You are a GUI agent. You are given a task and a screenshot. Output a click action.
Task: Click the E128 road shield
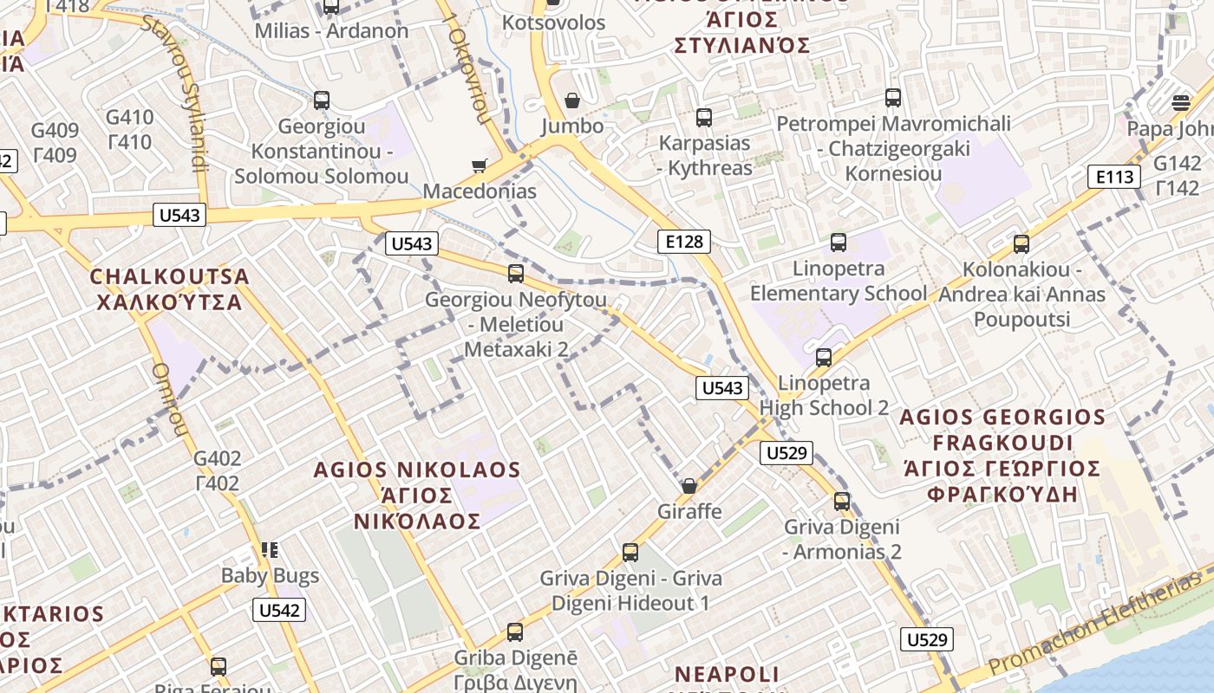click(x=683, y=242)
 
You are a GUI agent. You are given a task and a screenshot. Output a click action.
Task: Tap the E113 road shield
click(x=1113, y=178)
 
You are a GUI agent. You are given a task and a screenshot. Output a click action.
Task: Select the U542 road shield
click(x=279, y=610)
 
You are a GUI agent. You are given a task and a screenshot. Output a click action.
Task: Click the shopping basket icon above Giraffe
click(x=689, y=486)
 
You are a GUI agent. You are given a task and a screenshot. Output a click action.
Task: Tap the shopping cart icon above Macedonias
click(x=479, y=165)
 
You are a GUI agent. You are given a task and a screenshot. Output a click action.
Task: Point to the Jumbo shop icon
click(x=572, y=101)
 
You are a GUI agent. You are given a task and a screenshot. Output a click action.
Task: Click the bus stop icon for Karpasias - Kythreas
click(x=704, y=117)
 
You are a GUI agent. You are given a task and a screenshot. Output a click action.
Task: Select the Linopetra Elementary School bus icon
click(x=839, y=243)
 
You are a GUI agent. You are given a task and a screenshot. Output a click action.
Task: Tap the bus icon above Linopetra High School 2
click(x=824, y=357)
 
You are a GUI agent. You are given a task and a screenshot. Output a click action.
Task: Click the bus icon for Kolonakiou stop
click(x=1021, y=244)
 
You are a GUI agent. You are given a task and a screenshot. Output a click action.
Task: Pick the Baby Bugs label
click(x=270, y=575)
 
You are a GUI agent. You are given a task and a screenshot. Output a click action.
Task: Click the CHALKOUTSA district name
click(x=170, y=277)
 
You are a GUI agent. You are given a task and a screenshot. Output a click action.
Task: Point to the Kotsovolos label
click(x=554, y=23)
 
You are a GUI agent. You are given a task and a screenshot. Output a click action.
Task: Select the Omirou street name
click(x=169, y=399)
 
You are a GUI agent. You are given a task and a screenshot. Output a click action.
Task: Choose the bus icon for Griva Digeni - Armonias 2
click(x=842, y=501)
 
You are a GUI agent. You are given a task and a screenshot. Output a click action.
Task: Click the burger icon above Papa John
click(x=1181, y=103)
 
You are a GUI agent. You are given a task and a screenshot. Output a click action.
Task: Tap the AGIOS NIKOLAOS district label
click(x=417, y=470)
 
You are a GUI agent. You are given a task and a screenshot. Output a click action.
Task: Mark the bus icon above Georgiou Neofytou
click(x=516, y=274)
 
